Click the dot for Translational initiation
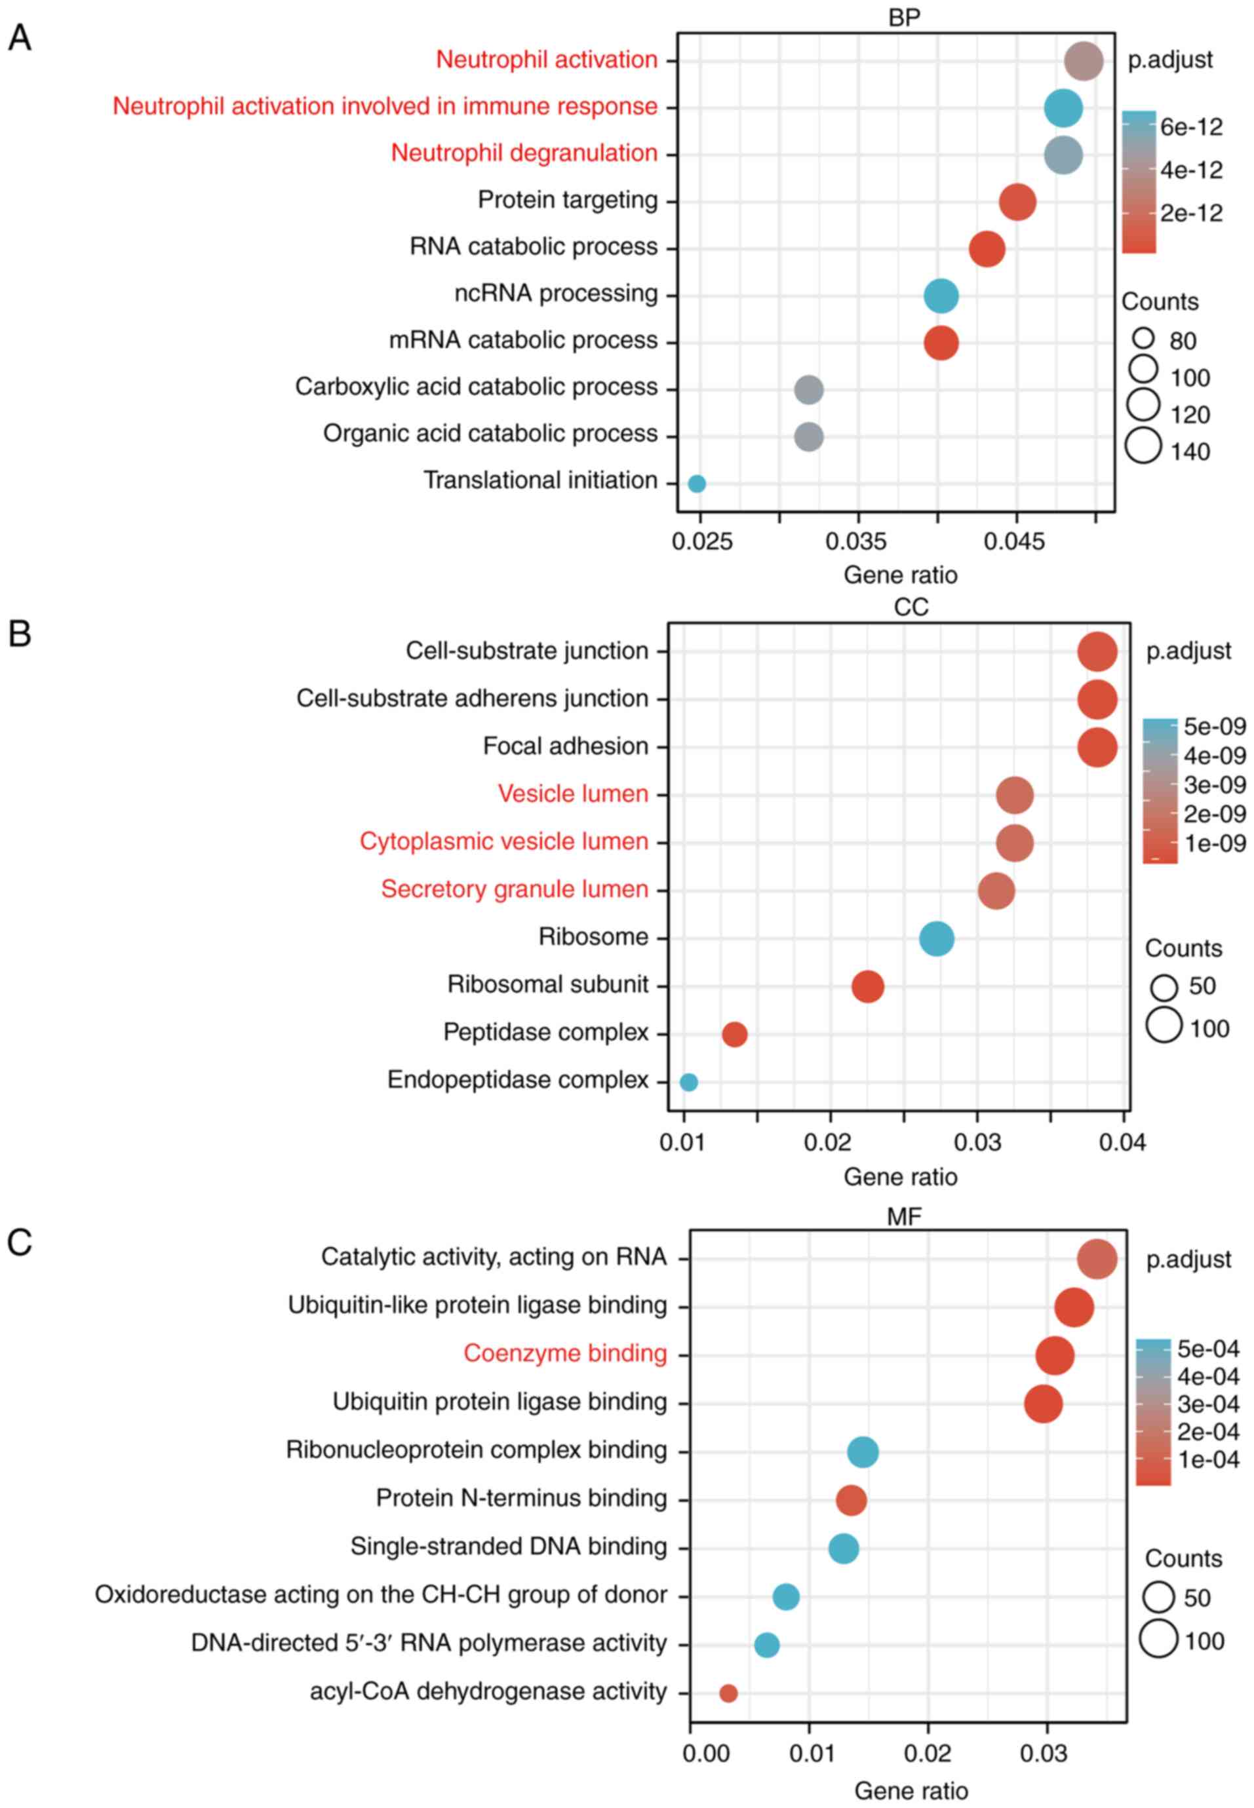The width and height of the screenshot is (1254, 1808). pyautogui.click(x=696, y=484)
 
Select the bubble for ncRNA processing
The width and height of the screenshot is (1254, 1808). pyautogui.click(x=941, y=296)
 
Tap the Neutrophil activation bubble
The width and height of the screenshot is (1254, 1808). pyautogui.click(x=1084, y=61)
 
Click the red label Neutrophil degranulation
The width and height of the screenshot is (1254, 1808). pyautogui.click(x=524, y=153)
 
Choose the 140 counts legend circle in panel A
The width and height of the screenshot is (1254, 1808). pyautogui.click(x=1143, y=447)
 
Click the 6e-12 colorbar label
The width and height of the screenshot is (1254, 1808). pyautogui.click(x=1191, y=127)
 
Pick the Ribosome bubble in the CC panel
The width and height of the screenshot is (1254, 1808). pyautogui.click(x=936, y=938)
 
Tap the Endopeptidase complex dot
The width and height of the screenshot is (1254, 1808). pyautogui.click(x=688, y=1083)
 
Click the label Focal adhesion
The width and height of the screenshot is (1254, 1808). pyautogui.click(x=566, y=746)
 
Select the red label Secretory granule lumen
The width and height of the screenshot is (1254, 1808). pyautogui.click(x=515, y=889)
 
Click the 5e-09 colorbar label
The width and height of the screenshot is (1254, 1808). pyautogui.click(x=1214, y=727)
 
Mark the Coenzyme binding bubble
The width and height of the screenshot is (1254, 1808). pyautogui.click(x=1055, y=1356)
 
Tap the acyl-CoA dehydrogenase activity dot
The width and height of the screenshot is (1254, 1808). pyautogui.click(x=728, y=1693)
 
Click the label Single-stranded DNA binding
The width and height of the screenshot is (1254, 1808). pyautogui.click(x=509, y=1547)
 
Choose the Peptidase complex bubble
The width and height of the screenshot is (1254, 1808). pyautogui.click(x=734, y=1034)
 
